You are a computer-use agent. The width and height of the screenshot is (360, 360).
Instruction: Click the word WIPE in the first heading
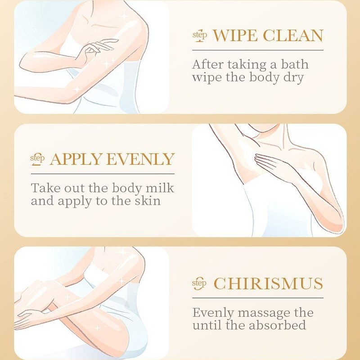pyautogui.click(x=235, y=36)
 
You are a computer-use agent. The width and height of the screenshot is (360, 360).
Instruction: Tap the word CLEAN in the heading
pyautogui.click(x=293, y=36)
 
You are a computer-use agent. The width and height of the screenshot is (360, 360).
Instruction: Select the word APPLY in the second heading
pyautogui.click(x=76, y=159)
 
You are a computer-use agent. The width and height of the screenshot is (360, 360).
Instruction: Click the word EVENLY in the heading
pyautogui.click(x=140, y=159)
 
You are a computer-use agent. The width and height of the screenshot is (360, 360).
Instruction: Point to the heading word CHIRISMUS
pyautogui.click(x=268, y=283)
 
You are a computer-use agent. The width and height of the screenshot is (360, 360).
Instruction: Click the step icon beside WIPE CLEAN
pyautogui.click(x=199, y=36)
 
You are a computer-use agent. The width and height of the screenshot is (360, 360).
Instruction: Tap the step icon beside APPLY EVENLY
pyautogui.click(x=37, y=159)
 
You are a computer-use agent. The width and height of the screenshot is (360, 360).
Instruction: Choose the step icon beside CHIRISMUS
pyautogui.click(x=199, y=283)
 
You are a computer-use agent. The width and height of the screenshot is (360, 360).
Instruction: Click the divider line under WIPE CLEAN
pyautogui.click(x=258, y=50)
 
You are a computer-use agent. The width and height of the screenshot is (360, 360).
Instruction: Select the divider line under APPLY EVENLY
pyautogui.click(x=103, y=174)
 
